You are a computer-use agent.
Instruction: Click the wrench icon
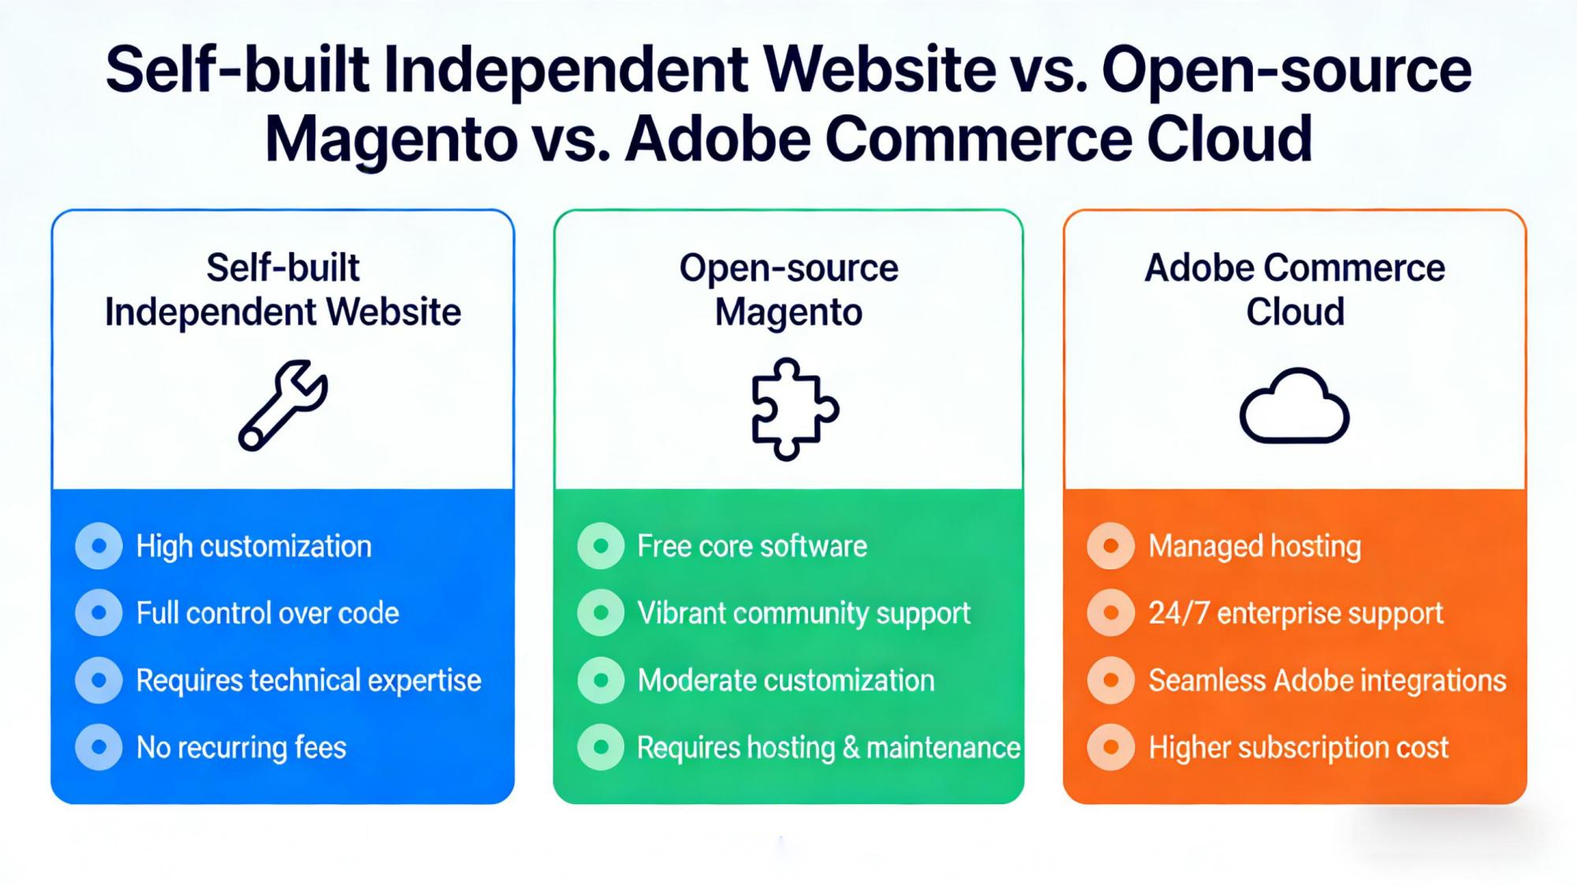(x=282, y=405)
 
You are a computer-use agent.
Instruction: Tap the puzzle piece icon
(x=795, y=408)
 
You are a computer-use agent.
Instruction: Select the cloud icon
(x=1294, y=405)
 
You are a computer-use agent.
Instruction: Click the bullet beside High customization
(x=99, y=545)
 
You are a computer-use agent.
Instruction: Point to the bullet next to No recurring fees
(x=99, y=746)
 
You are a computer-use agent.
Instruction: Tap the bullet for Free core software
(x=601, y=545)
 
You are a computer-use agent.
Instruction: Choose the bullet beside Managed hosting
(x=1110, y=545)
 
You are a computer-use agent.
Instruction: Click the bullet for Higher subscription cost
(x=1110, y=746)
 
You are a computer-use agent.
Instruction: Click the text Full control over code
(x=267, y=613)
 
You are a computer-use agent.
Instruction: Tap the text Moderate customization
(x=785, y=680)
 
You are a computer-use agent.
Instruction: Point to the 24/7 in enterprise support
(x=1179, y=613)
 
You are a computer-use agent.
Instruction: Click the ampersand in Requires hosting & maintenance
(x=851, y=747)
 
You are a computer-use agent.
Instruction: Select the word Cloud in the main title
(x=1228, y=139)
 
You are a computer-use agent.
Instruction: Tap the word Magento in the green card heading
(x=788, y=313)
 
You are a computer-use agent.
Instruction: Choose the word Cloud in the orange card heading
(x=1295, y=311)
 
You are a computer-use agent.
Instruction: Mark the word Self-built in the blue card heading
(x=282, y=267)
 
